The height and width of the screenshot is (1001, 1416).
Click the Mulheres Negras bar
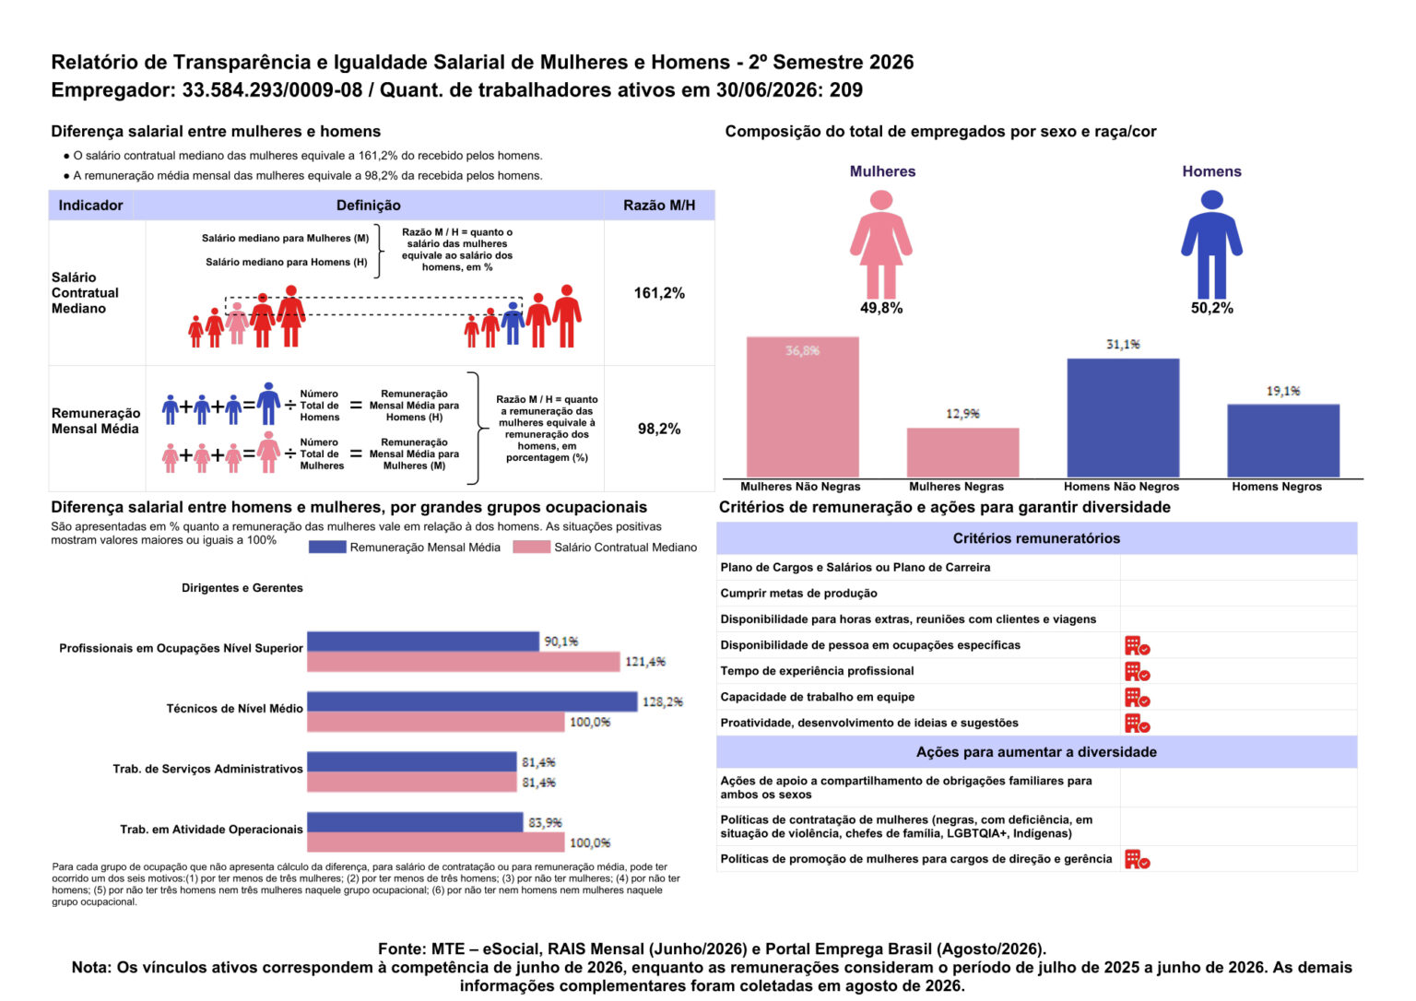point(962,453)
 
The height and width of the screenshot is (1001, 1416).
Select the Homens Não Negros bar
point(1124,418)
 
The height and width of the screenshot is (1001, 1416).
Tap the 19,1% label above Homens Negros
point(1283,391)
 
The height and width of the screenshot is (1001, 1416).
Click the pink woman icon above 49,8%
point(881,244)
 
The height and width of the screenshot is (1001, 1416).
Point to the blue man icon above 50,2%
point(1212,244)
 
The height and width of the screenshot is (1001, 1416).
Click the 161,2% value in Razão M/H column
point(659,293)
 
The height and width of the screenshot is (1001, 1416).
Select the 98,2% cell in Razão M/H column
point(659,430)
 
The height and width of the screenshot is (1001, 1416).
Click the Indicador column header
point(90,206)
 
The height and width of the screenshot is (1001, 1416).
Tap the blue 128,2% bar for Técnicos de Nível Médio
point(472,701)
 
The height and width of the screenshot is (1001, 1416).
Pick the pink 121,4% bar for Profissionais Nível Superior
point(464,662)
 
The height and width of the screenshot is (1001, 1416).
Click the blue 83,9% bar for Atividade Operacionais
point(416,822)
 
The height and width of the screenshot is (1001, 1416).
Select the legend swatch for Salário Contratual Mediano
point(532,548)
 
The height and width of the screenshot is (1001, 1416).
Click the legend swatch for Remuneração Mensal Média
point(327,548)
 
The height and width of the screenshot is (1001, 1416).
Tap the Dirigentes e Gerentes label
point(242,588)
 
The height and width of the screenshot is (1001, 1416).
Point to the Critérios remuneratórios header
point(1037,538)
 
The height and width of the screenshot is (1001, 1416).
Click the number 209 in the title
point(845,90)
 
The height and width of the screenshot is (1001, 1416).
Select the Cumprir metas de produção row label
point(799,594)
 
